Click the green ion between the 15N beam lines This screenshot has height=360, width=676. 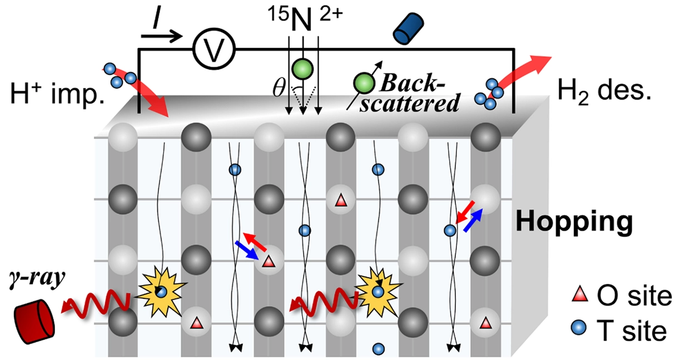click(303, 69)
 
